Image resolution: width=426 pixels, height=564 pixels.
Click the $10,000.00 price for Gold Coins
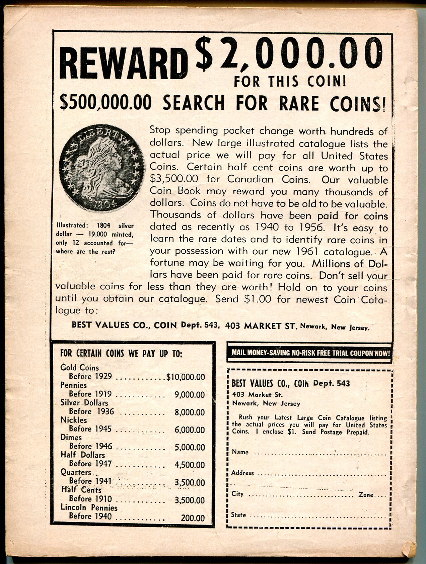[x=186, y=377]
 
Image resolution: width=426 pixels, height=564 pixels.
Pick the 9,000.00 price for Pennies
[x=190, y=395]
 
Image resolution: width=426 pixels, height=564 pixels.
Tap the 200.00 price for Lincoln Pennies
[x=193, y=518]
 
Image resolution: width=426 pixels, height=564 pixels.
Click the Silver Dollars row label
[x=84, y=403]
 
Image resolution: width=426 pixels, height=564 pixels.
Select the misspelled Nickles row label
[x=73, y=420]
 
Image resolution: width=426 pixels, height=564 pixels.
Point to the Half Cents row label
[x=81, y=490]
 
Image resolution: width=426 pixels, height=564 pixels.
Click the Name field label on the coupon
[x=240, y=452]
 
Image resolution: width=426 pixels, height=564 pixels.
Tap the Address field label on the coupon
[x=242, y=473]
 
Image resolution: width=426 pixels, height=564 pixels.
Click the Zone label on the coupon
[x=366, y=494]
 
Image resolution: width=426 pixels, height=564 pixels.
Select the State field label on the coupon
[x=238, y=515]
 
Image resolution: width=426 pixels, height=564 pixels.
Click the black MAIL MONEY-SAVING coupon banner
[x=310, y=353]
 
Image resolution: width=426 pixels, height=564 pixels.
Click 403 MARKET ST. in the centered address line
[x=261, y=325]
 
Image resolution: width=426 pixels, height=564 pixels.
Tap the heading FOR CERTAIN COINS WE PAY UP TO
[x=121, y=354]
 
